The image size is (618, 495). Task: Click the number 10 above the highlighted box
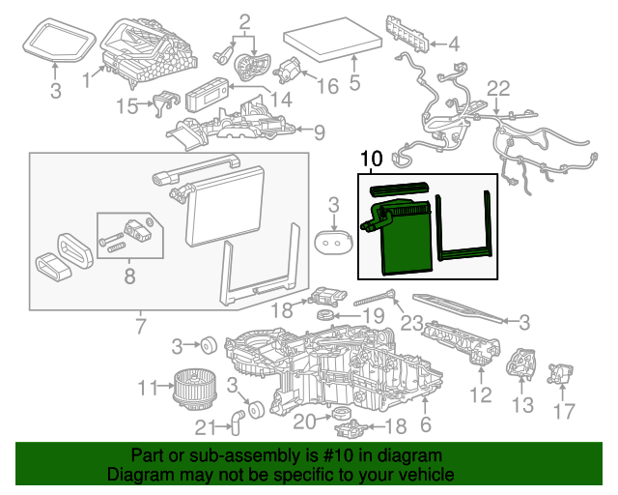pyautogui.click(x=371, y=159)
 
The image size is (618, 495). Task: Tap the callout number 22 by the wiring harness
pyautogui.click(x=496, y=90)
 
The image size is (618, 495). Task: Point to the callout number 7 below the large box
pyautogui.click(x=141, y=327)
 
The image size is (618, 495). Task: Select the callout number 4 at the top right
pyautogui.click(x=454, y=44)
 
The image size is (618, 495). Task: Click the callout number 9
pyautogui.click(x=318, y=132)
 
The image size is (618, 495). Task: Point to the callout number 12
pyautogui.click(x=481, y=394)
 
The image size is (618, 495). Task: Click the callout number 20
pyautogui.click(x=303, y=421)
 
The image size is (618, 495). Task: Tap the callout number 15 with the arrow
pyautogui.click(x=128, y=105)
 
